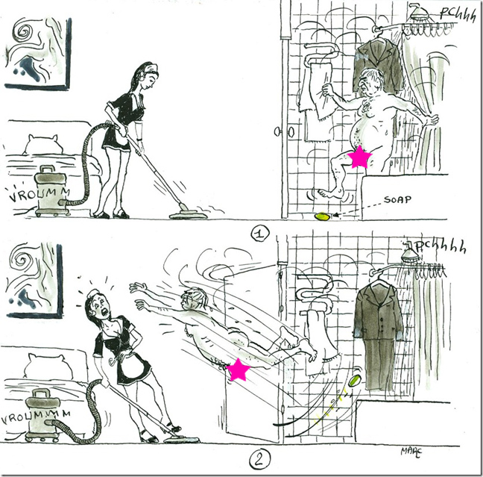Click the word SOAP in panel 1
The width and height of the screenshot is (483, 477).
point(397,199)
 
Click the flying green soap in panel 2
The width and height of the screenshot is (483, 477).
point(354,378)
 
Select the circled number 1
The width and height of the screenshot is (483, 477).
point(259,234)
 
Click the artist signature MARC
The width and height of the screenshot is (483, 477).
point(411,452)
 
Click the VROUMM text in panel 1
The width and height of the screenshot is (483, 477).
point(39,195)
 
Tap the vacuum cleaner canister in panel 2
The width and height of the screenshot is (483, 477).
point(42,415)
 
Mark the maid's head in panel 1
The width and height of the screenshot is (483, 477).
point(144,76)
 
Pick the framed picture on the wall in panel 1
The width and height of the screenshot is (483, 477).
point(37,53)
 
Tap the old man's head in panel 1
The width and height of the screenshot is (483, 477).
point(371,84)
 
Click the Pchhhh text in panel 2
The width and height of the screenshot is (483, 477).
point(441,247)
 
